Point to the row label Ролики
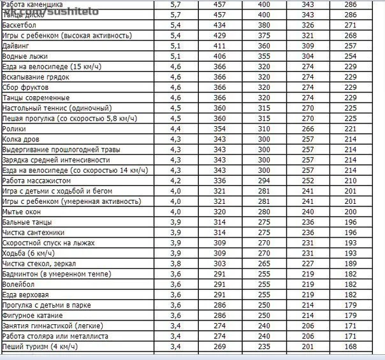tap(15, 129)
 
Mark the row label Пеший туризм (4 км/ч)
tap(40, 347)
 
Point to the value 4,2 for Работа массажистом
tap(176, 180)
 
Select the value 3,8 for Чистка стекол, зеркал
tap(176, 263)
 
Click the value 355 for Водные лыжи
tap(263, 56)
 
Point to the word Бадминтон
tap(21, 274)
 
